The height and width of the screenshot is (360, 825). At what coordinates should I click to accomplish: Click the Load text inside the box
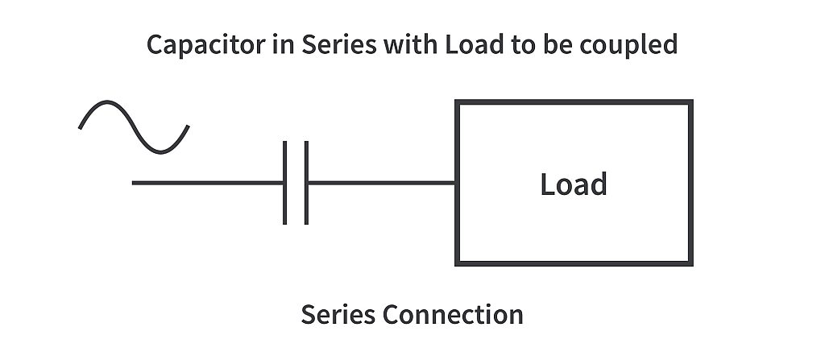pyautogui.click(x=573, y=184)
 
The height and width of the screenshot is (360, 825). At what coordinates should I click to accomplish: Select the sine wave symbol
pyautogui.click(x=134, y=126)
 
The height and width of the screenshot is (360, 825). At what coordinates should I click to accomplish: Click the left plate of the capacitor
pyautogui.click(x=285, y=183)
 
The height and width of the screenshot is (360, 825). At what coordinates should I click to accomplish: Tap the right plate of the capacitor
pyautogui.click(x=306, y=183)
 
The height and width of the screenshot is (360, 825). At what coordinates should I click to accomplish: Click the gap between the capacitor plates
pyautogui.click(x=296, y=183)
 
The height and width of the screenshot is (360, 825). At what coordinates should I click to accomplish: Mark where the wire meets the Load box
pyautogui.click(x=456, y=183)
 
